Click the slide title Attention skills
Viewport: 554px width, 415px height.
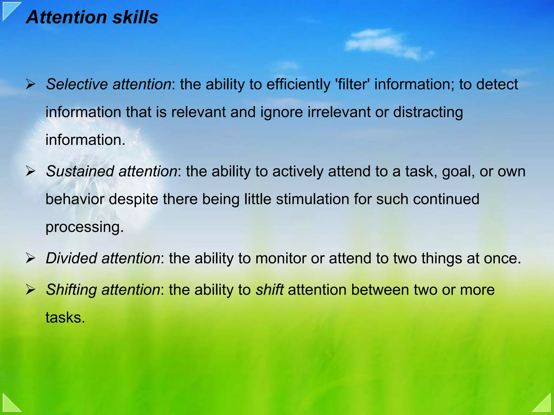92,17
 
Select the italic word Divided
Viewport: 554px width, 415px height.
71,258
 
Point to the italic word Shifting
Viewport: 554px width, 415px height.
71,290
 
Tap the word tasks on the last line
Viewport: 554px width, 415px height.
65,318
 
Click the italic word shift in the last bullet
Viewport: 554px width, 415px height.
269,290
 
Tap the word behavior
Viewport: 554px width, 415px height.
75,199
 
